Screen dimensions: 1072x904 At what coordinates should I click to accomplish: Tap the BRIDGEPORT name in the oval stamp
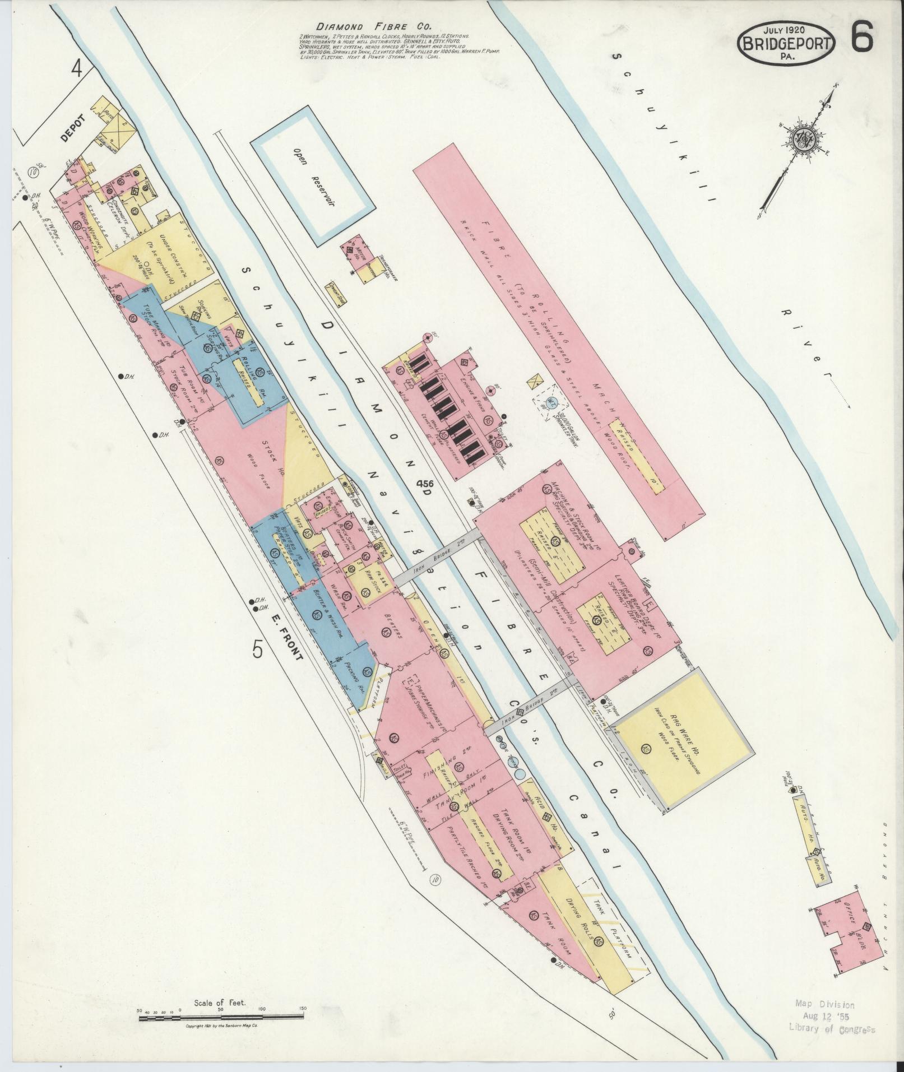pos(787,44)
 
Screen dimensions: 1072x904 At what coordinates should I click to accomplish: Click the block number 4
pos(76,70)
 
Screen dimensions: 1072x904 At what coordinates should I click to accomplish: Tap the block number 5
pos(257,649)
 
